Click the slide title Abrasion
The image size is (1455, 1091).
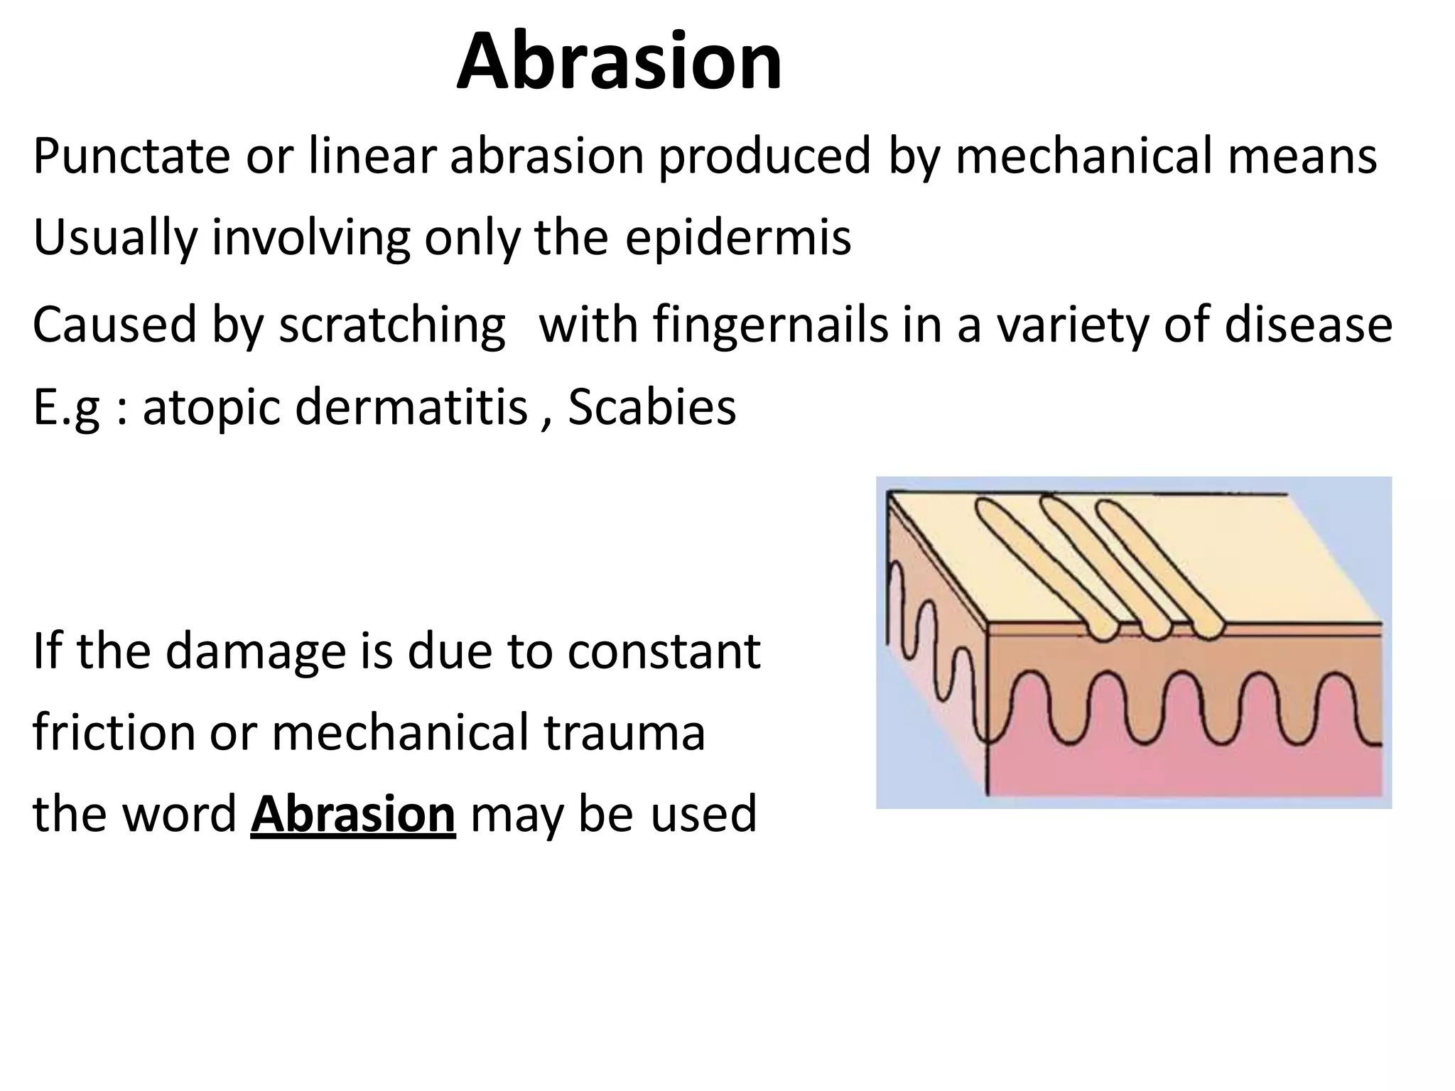(619, 62)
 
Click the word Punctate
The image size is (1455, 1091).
(131, 156)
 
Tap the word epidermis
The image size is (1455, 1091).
(737, 237)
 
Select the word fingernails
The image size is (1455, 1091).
(770, 325)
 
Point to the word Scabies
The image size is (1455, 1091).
(651, 408)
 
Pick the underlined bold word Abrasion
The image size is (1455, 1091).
(352, 814)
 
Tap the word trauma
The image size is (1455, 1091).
(624, 732)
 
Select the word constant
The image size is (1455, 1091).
(664, 651)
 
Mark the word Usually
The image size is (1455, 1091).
(114, 237)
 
